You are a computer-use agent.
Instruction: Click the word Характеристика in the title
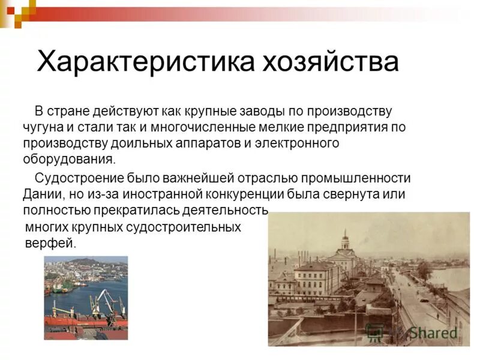144,62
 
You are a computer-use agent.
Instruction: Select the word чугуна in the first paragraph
44,127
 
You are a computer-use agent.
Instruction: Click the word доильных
140,143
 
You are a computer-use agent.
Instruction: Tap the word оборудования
67,160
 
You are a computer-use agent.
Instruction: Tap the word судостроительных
184,227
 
